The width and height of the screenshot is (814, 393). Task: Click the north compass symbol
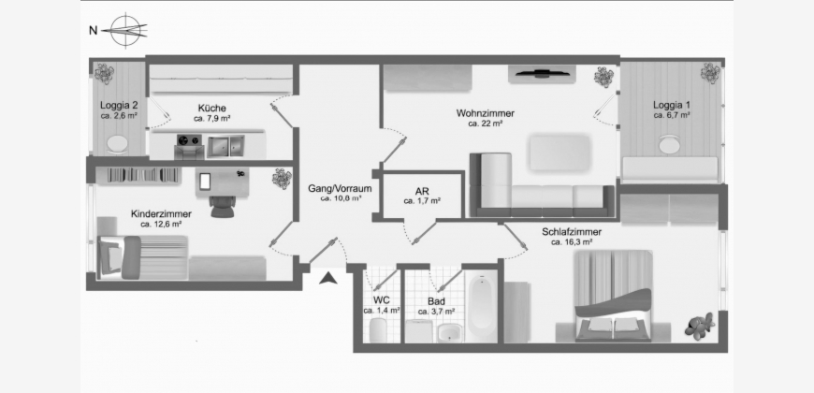pyautogui.click(x=124, y=31)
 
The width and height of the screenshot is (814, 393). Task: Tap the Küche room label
pyautogui.click(x=211, y=108)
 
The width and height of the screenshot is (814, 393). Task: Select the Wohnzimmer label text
pyautogui.click(x=486, y=113)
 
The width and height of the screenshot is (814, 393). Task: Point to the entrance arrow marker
pyautogui.click(x=328, y=278)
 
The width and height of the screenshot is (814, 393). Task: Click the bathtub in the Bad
pyautogui.click(x=482, y=305)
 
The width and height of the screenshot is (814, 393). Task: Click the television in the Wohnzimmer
pyautogui.click(x=542, y=74)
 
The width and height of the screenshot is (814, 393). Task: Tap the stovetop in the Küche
pyautogui.click(x=188, y=140)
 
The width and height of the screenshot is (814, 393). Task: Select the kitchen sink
pyautogui.click(x=225, y=146)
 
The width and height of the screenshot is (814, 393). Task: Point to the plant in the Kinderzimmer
pyautogui.click(x=282, y=179)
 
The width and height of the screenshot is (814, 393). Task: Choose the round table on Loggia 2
pyautogui.click(x=118, y=143)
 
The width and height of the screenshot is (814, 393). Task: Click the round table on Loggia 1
pyautogui.click(x=670, y=144)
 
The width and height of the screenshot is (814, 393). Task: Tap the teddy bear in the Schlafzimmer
pyautogui.click(x=699, y=327)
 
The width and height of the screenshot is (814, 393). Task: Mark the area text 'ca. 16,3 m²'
pyautogui.click(x=572, y=242)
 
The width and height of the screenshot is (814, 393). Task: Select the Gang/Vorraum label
pyautogui.click(x=340, y=188)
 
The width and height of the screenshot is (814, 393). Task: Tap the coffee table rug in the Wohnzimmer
pyautogui.click(x=560, y=153)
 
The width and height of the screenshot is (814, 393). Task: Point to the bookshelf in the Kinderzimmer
pyautogui.click(x=144, y=175)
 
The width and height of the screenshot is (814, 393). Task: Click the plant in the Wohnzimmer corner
pyautogui.click(x=603, y=78)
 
